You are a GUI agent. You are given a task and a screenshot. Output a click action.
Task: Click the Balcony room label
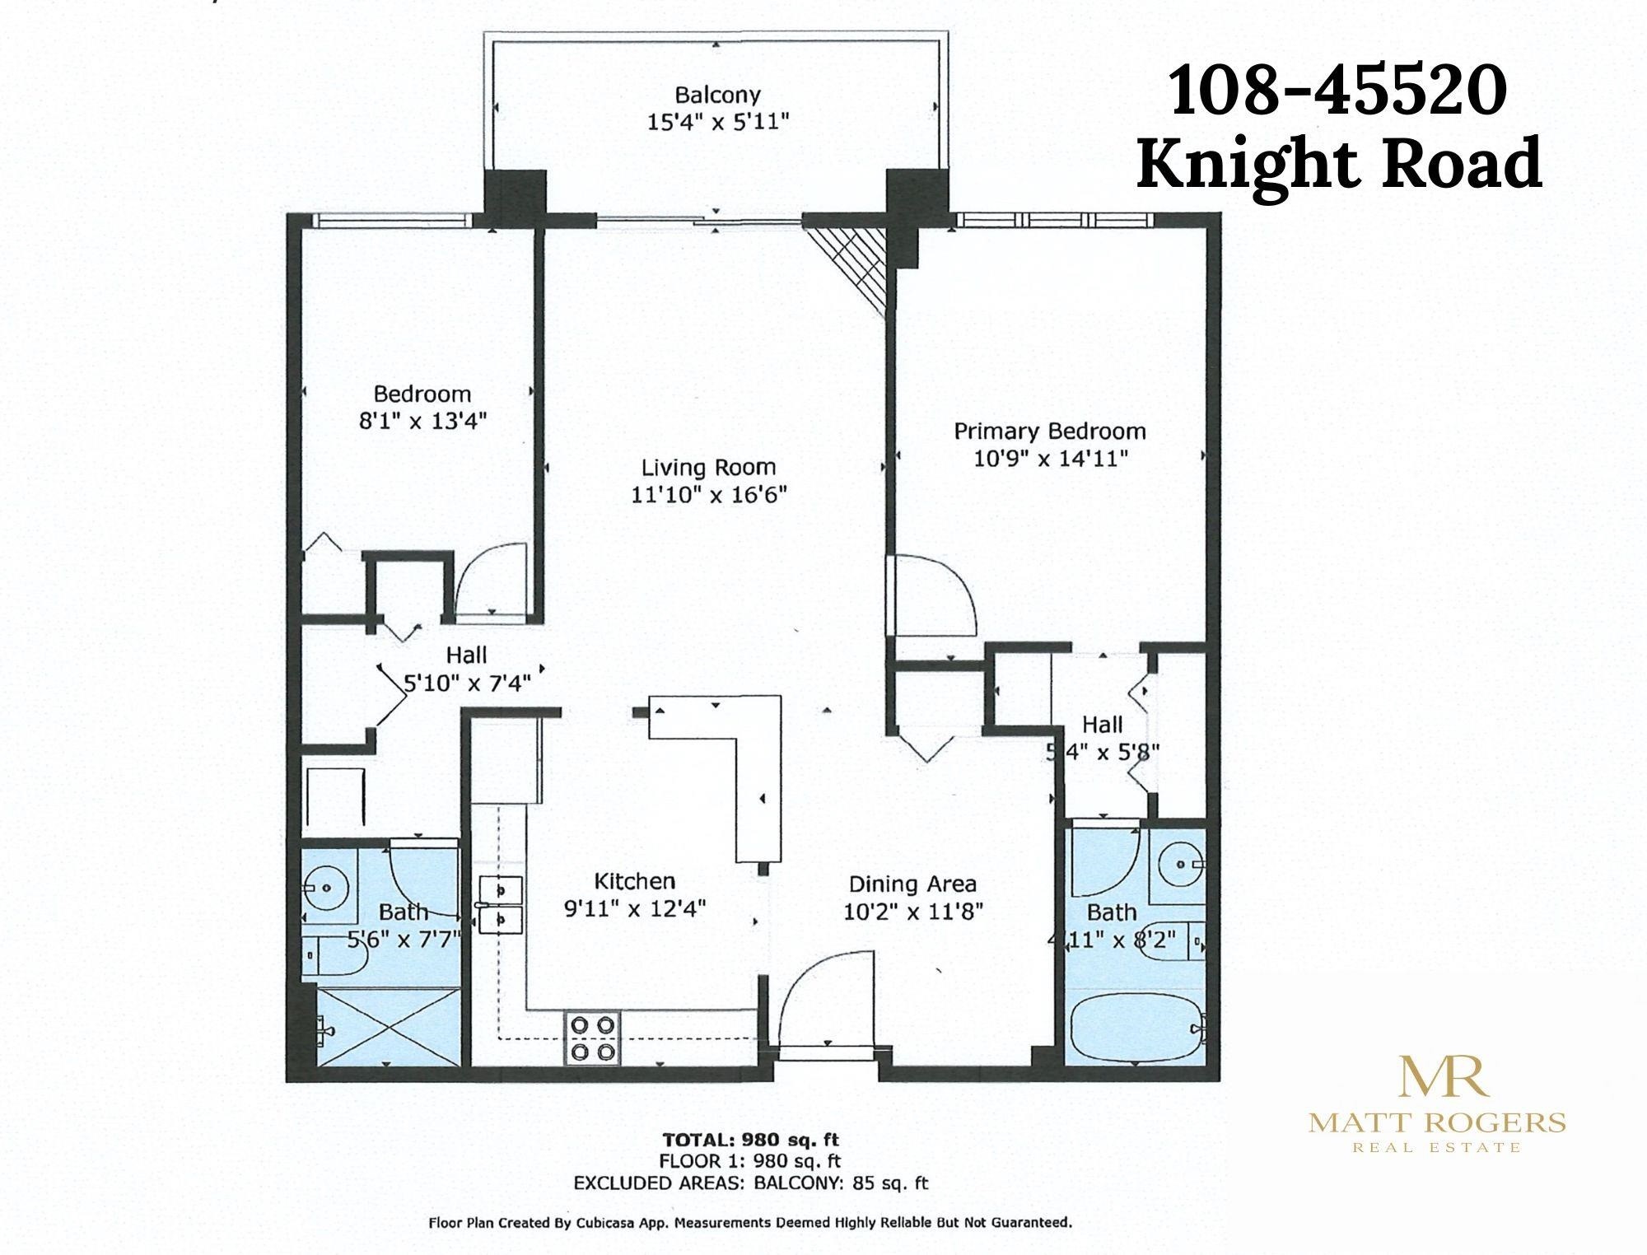click(x=717, y=95)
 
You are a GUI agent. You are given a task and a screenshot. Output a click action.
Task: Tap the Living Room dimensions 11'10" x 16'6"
click(x=709, y=495)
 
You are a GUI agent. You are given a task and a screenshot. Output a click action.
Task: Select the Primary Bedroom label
click(x=1050, y=431)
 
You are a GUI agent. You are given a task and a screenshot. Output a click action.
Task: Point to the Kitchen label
click(x=635, y=881)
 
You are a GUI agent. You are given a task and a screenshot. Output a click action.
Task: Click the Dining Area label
click(x=912, y=884)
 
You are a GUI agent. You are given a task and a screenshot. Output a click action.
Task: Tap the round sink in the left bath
click(x=327, y=888)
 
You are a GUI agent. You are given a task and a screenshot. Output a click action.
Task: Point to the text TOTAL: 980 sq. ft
click(x=751, y=1141)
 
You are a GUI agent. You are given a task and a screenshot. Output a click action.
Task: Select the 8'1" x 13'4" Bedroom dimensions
click(x=422, y=421)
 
